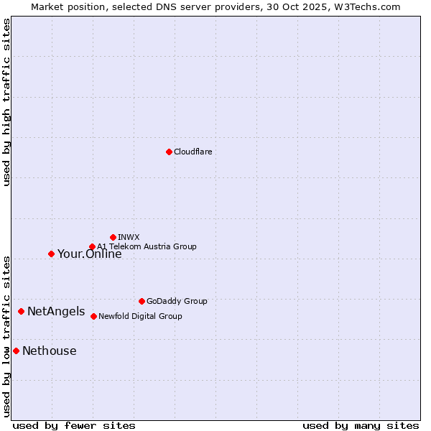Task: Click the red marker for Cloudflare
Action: [169, 152]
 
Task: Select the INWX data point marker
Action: [113, 237]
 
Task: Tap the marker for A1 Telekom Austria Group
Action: [92, 247]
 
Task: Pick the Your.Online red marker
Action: [51, 254]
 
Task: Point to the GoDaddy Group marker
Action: [142, 301]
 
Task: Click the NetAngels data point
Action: [21, 311]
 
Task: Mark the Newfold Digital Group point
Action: [93, 316]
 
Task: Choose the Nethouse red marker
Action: [16, 351]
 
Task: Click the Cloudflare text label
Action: [193, 152]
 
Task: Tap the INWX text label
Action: [129, 237]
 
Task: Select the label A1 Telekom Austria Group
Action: [147, 246]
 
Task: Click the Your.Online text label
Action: [89, 254]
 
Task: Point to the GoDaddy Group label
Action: [177, 301]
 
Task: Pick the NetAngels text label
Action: [56, 312]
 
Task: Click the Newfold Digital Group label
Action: [140, 316]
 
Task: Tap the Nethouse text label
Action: [49, 351]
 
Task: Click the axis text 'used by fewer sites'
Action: [74, 425]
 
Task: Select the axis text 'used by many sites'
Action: [361, 425]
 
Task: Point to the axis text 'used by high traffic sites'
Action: [6, 102]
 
